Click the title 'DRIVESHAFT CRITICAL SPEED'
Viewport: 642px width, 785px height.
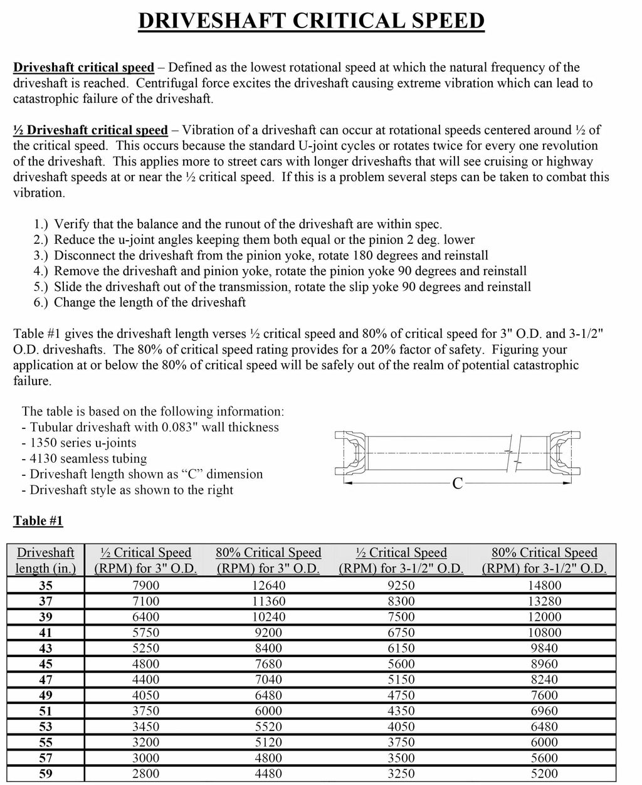pos(311,21)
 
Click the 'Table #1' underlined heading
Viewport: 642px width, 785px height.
pos(38,520)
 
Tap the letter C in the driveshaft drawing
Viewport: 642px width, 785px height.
pos(457,483)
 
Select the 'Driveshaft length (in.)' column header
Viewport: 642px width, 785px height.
pos(46,561)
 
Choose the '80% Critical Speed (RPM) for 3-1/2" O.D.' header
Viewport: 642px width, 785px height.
pos(544,561)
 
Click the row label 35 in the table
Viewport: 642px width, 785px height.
pos(46,586)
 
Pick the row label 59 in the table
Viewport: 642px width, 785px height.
pos(46,774)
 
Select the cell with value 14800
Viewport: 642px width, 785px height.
pos(544,586)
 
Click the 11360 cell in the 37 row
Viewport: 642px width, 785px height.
pos(268,601)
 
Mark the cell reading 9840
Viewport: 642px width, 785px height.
pos(544,648)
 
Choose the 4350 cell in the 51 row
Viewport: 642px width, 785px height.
pos(401,711)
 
